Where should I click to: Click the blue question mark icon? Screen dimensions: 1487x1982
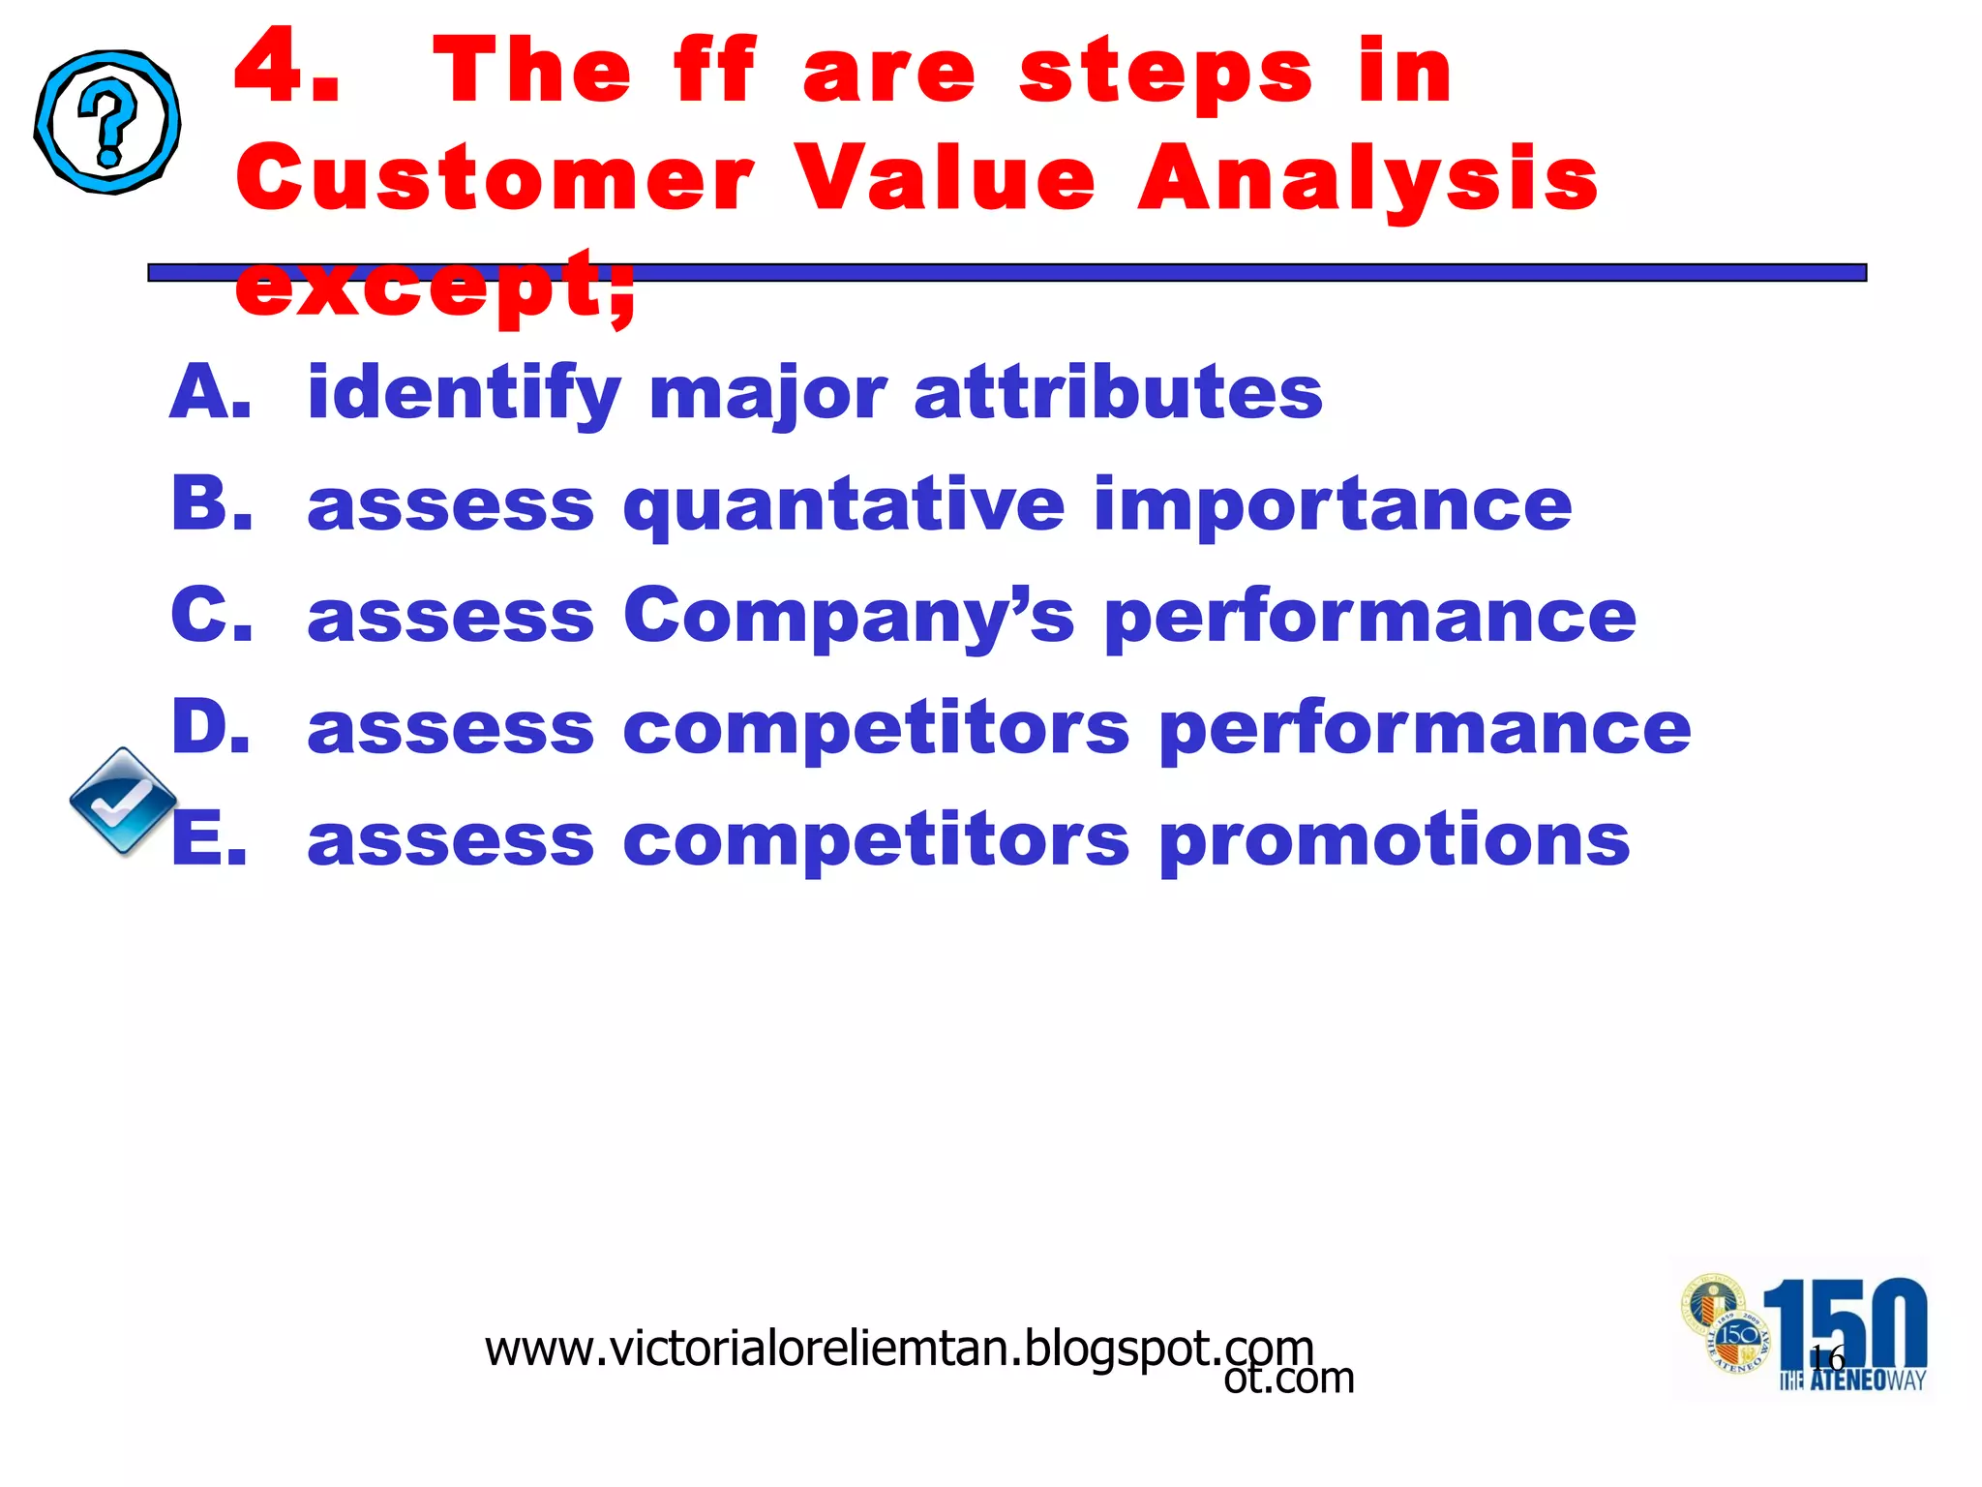point(107,122)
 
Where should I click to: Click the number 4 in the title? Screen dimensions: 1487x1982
point(286,68)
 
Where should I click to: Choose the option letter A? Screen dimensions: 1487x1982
point(209,393)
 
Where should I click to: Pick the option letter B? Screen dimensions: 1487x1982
point(211,504)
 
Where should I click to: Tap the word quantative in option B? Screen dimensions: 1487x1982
point(844,506)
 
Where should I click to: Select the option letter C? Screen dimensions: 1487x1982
point(211,616)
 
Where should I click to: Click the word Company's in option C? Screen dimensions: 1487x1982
point(848,618)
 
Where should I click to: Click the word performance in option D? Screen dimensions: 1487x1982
point(1425,729)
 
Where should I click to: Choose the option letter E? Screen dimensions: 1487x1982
point(209,839)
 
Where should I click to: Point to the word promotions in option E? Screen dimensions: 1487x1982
point(1394,841)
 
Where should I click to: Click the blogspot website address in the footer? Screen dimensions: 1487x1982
point(898,1349)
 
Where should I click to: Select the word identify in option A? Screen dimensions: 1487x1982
point(464,395)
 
